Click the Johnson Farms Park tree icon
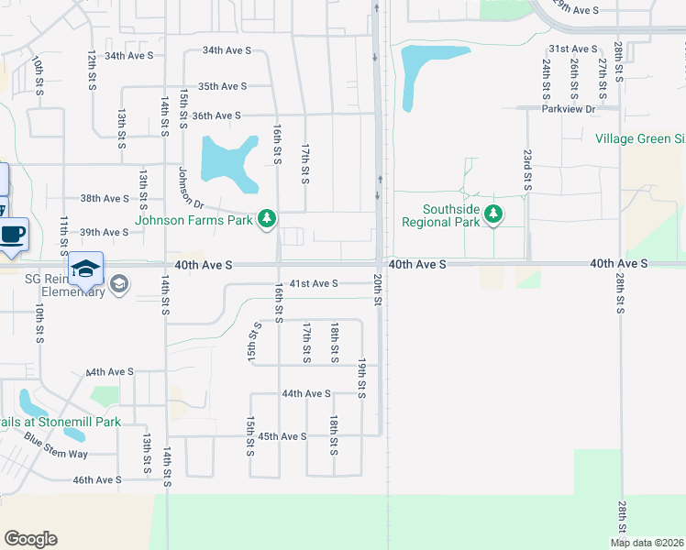(x=267, y=218)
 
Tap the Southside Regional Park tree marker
(x=494, y=214)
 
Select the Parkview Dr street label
(x=569, y=109)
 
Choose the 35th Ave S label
(x=223, y=86)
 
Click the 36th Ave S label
(x=216, y=115)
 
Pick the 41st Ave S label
(x=315, y=283)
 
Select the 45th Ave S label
(x=282, y=436)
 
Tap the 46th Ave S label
(x=97, y=479)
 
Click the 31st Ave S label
(x=572, y=48)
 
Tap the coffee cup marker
(x=12, y=234)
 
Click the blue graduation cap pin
(x=85, y=268)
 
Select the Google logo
(x=30, y=539)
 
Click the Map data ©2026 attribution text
(x=647, y=543)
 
